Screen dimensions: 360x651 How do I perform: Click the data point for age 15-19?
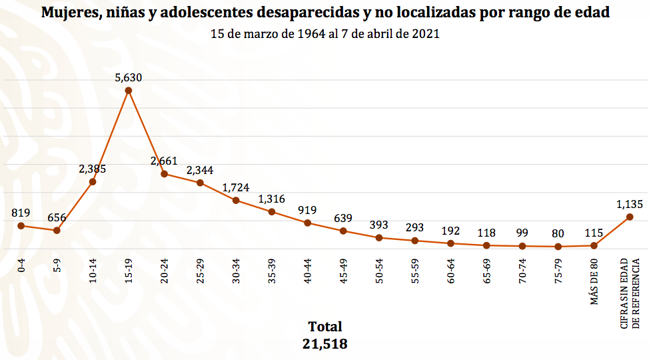[129, 90]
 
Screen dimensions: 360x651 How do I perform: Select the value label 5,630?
[129, 77]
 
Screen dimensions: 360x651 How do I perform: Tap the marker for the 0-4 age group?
[21, 225]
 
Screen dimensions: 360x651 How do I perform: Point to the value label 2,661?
[164, 161]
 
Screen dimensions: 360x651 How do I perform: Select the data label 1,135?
[630, 204]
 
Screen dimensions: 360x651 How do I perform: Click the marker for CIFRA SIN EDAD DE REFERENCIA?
[630, 217]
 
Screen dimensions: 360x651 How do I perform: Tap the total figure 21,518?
[325, 344]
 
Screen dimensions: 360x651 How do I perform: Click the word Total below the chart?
[325, 327]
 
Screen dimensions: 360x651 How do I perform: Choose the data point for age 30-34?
[236, 200]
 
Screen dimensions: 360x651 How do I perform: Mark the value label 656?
[57, 217]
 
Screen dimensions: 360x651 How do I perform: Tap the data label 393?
[379, 225]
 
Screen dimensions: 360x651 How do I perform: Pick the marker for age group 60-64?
[450, 243]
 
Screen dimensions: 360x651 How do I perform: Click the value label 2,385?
[93, 169]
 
